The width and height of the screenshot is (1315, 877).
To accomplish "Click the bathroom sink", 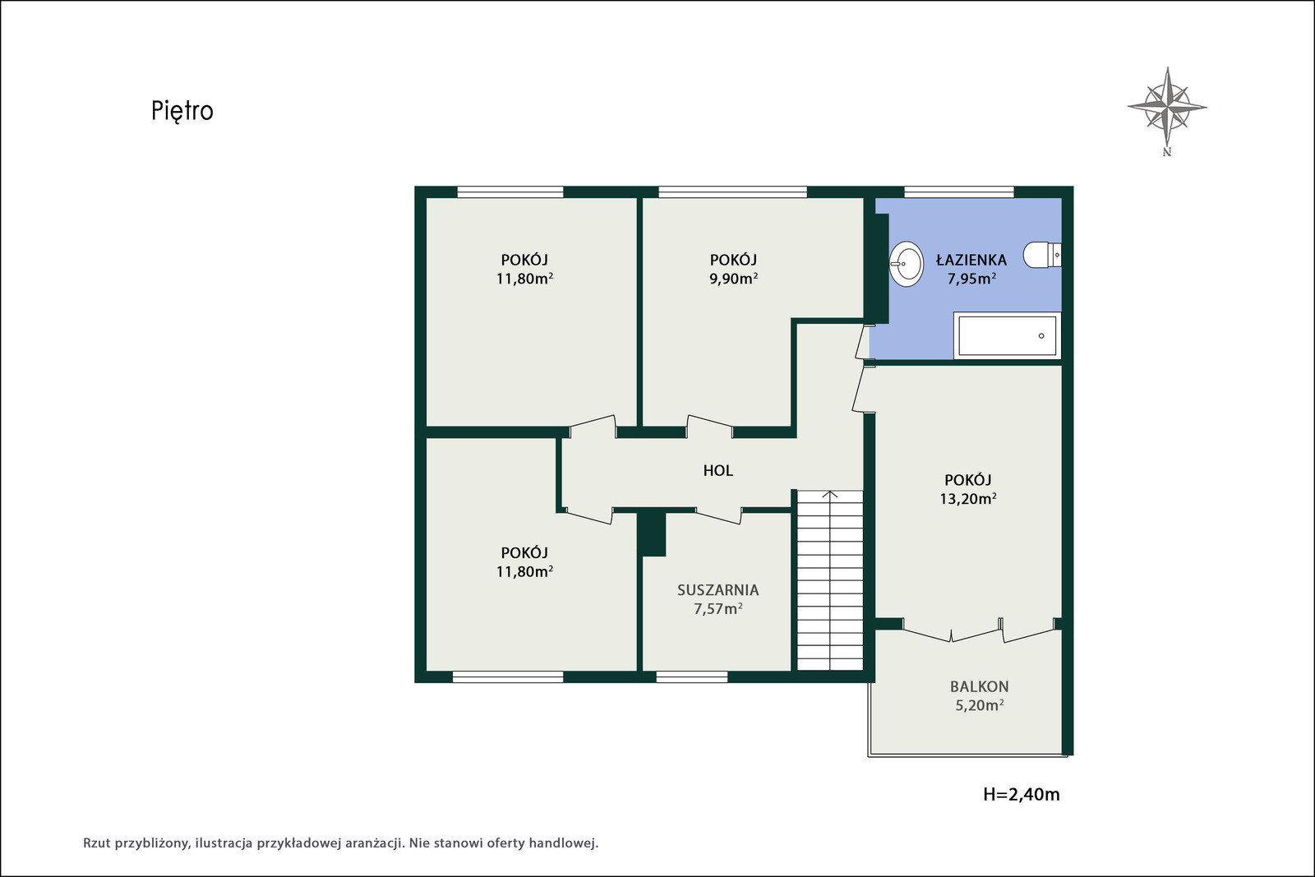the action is click(907, 264).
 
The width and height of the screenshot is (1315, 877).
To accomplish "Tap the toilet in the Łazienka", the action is click(1042, 255).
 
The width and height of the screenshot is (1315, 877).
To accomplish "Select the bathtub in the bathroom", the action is click(1008, 335).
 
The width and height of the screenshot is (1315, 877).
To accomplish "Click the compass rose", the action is click(1167, 107).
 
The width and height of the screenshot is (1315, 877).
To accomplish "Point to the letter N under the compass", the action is click(1167, 152).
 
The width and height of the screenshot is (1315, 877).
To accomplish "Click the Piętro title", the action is click(182, 111).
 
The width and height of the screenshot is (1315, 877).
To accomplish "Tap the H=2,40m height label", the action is click(1022, 794).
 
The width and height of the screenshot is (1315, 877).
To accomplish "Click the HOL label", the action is click(718, 470).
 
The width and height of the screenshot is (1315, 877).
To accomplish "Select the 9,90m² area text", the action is click(733, 279).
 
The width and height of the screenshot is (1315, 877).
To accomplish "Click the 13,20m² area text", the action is click(968, 498).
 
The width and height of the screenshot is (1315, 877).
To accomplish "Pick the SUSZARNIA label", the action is click(718, 590).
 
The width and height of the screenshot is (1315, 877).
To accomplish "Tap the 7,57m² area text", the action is click(718, 609).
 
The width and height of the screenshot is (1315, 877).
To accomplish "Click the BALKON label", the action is click(979, 686).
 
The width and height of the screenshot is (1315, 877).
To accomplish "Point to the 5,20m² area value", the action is click(979, 705).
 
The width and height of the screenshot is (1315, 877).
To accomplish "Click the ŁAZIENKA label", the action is click(971, 260).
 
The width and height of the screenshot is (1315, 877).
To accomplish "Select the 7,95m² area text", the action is click(971, 279).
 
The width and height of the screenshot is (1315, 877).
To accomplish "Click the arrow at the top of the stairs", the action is click(829, 496).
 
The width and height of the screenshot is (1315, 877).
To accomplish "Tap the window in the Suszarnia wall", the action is click(691, 676).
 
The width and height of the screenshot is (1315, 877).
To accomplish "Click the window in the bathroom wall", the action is click(958, 192).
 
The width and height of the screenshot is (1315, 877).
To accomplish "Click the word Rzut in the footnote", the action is click(97, 843).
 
